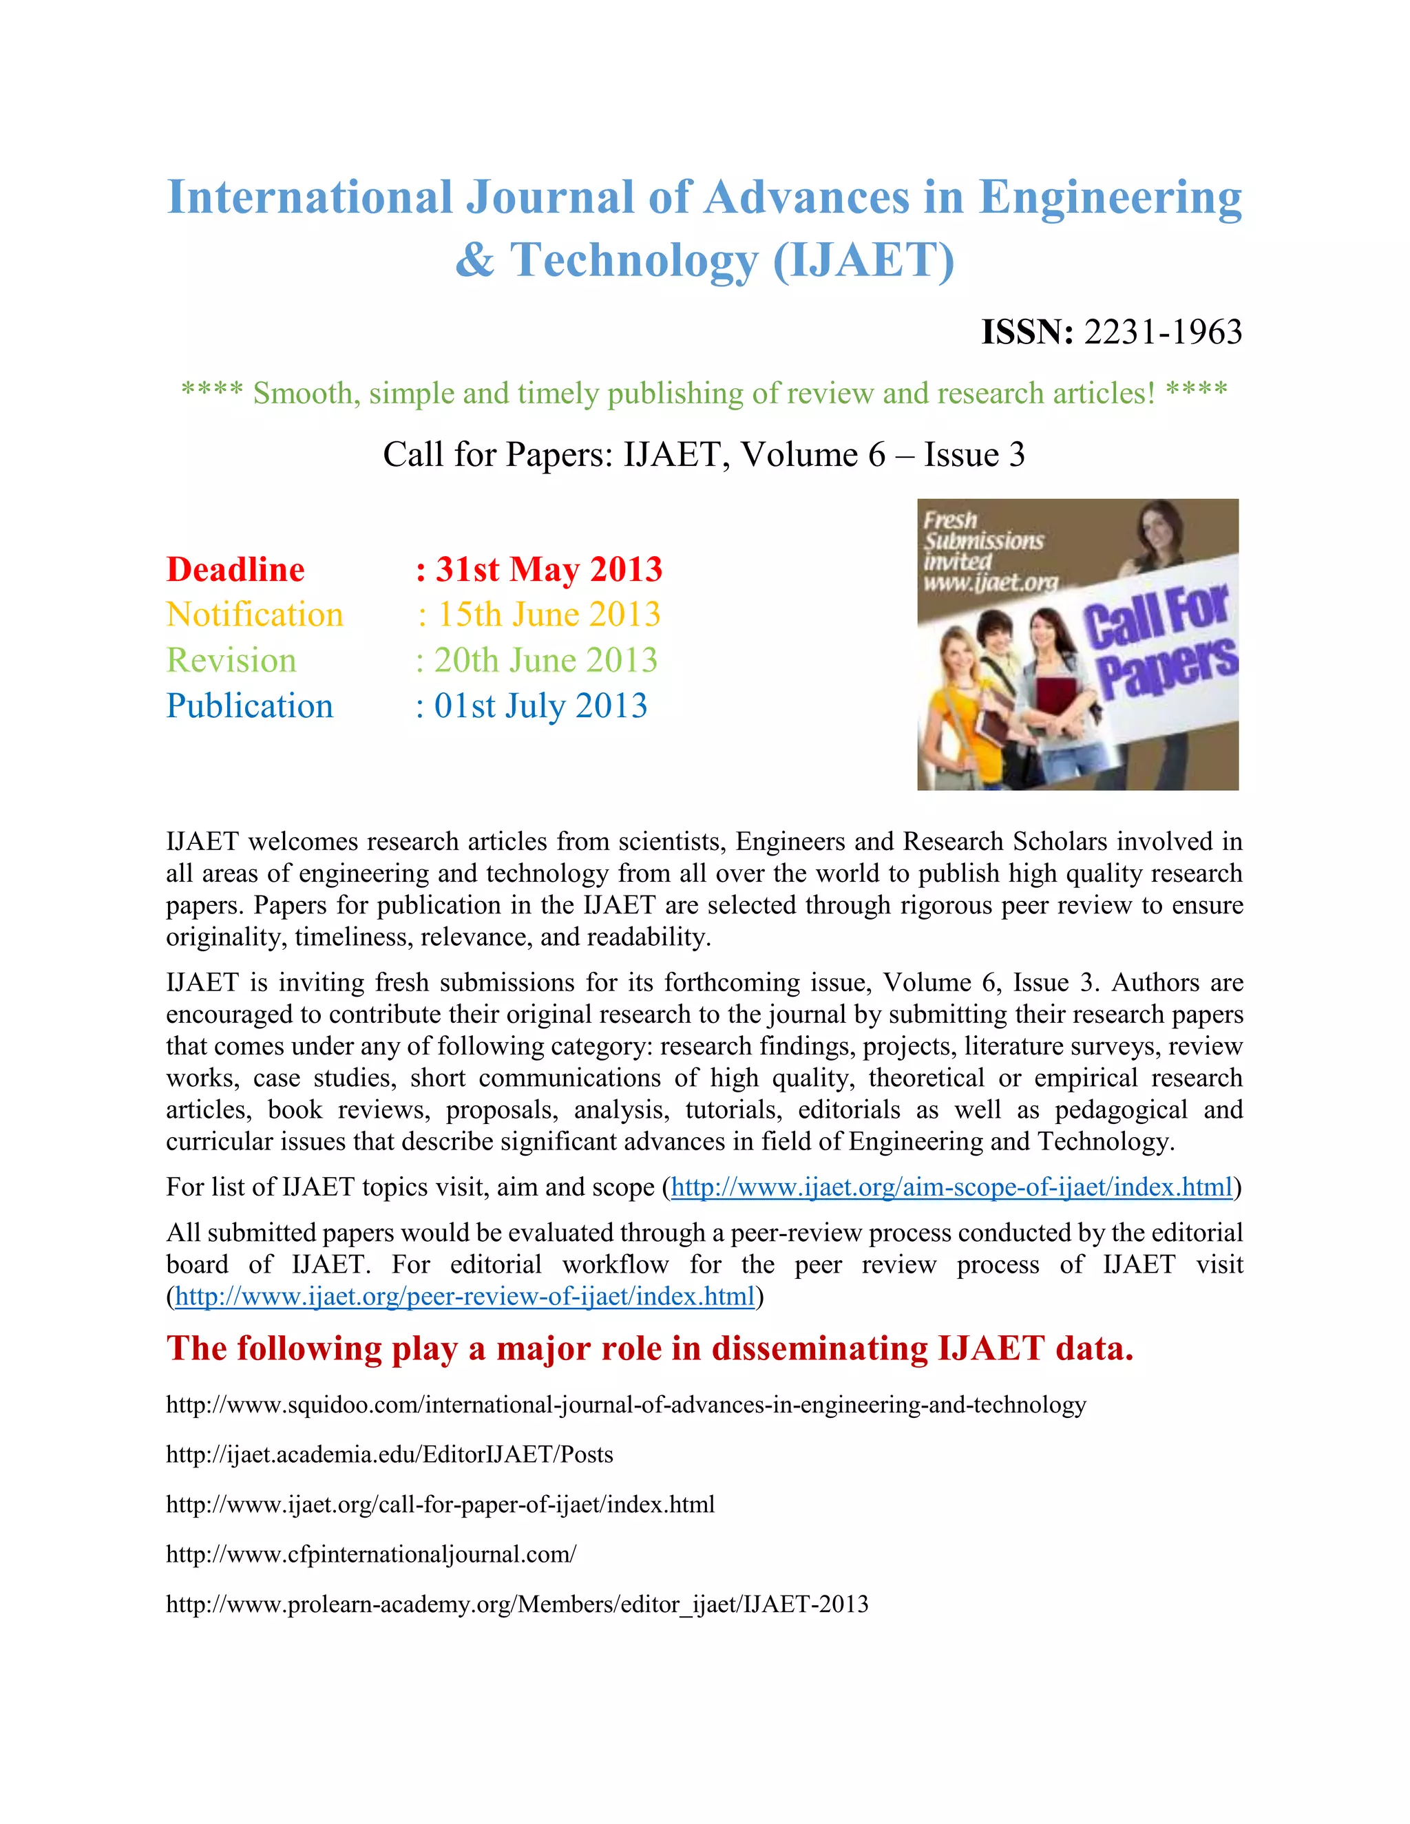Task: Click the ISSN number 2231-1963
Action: click(1163, 332)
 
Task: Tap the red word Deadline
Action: click(235, 570)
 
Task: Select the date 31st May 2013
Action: click(549, 570)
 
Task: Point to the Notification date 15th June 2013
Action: click(549, 615)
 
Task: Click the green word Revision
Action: click(231, 661)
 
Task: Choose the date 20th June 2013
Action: click(545, 661)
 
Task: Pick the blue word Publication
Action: click(250, 707)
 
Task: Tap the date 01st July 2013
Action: click(540, 707)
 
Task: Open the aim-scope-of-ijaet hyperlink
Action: click(952, 1187)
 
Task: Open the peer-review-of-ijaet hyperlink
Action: click(465, 1296)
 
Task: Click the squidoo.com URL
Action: click(626, 1405)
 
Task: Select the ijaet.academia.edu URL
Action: click(389, 1455)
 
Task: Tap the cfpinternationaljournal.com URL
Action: click(371, 1554)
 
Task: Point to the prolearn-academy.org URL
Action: click(517, 1604)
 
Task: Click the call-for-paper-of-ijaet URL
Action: click(440, 1505)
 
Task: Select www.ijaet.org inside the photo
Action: click(990, 582)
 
